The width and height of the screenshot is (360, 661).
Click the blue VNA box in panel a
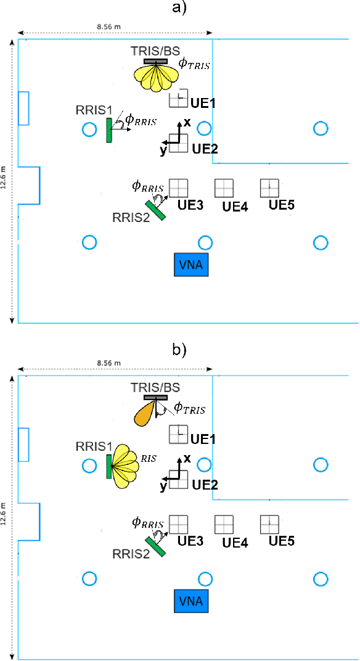pyautogui.click(x=191, y=265)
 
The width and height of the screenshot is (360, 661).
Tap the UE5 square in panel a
pyautogui.click(x=269, y=187)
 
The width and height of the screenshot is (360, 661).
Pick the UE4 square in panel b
pyautogui.click(x=224, y=524)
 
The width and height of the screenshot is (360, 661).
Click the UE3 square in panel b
pyautogui.click(x=178, y=524)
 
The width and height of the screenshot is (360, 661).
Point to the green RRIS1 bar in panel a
pyautogui.click(x=109, y=130)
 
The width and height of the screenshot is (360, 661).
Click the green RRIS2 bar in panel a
pyautogui.click(x=156, y=210)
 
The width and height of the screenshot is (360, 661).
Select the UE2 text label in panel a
pyautogui.click(x=205, y=149)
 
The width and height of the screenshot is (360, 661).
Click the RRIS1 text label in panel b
pyautogui.click(x=93, y=446)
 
